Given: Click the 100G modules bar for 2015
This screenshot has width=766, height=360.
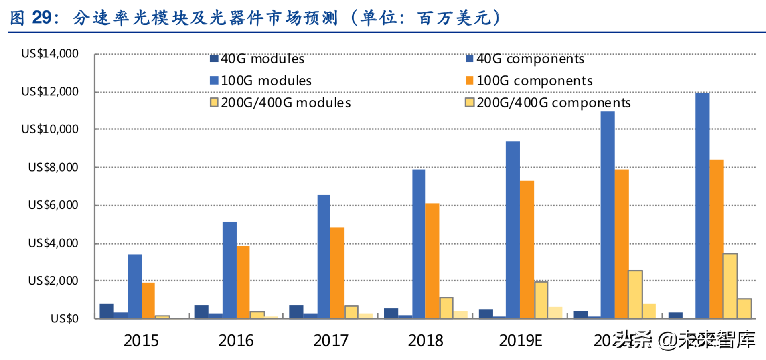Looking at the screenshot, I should [x=135, y=286].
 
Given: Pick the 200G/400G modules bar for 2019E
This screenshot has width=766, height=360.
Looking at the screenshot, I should [x=541, y=300].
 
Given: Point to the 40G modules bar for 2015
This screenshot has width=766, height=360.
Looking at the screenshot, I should [x=106, y=311].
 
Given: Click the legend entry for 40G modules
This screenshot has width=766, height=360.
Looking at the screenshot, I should [x=257, y=59].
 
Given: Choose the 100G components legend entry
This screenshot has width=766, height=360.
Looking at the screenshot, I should [x=529, y=81].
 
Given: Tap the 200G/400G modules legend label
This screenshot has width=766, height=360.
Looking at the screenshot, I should [x=280, y=103].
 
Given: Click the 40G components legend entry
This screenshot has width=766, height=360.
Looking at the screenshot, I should [x=525, y=59].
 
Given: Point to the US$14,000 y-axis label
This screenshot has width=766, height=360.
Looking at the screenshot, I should [x=50, y=53].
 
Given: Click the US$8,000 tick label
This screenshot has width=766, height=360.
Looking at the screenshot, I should [x=53, y=167].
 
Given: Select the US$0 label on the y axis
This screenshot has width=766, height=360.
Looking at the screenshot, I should [x=64, y=318].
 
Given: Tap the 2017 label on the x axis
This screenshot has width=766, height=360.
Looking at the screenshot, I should [x=330, y=341].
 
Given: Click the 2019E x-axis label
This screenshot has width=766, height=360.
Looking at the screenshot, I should [x=520, y=341].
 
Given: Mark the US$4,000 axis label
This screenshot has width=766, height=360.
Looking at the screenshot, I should [x=53, y=243].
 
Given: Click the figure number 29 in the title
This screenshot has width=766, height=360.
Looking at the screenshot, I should [x=42, y=18].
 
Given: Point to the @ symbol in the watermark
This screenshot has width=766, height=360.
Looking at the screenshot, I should [x=667, y=340].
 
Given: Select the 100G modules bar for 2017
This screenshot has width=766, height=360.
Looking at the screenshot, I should [x=324, y=257].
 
